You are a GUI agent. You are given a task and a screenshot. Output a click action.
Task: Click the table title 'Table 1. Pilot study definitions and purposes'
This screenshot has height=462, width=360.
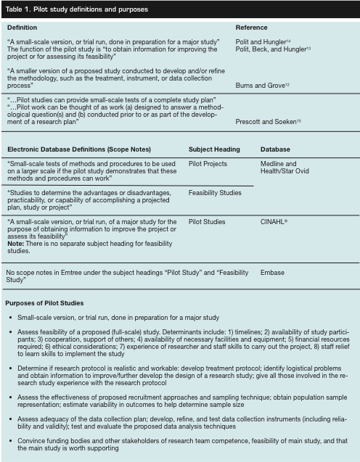click(x=76, y=9)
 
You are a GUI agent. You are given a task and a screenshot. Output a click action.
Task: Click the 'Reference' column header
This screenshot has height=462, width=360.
click(x=253, y=28)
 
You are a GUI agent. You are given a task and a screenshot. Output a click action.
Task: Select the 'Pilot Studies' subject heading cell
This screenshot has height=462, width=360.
click(x=207, y=221)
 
